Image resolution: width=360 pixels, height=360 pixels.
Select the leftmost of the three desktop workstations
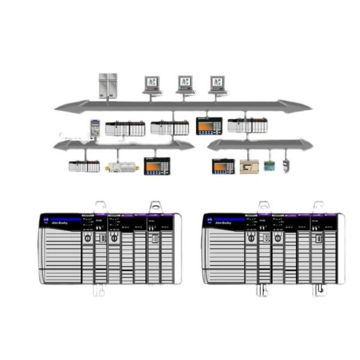(152, 83)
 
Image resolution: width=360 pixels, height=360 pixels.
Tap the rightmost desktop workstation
(218, 83)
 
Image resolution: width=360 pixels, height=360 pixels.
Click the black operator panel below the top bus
(209, 125)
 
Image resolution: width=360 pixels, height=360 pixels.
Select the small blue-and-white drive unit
(95, 128)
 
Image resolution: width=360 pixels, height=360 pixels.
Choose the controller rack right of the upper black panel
(247, 125)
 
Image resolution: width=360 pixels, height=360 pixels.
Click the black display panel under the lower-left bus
(157, 166)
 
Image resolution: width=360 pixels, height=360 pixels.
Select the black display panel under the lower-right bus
(223, 166)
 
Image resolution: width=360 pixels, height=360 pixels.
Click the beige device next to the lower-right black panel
(249, 166)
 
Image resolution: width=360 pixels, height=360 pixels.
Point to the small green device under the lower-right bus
(269, 166)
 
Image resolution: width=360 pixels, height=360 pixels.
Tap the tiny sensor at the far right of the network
(286, 166)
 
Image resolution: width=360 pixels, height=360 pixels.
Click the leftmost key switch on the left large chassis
(88, 238)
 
